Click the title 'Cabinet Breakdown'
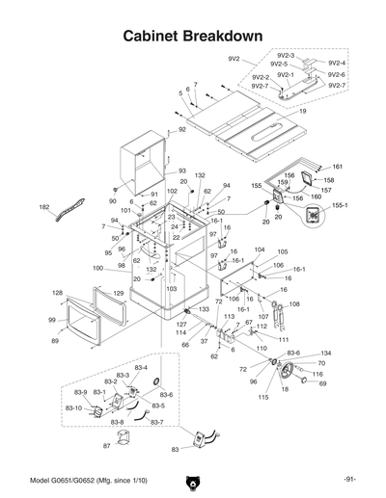click(193, 36)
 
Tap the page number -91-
click(348, 479)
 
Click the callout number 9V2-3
click(286, 57)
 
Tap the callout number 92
click(181, 129)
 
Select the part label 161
click(338, 168)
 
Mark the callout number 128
click(58, 292)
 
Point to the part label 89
click(55, 341)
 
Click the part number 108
click(294, 304)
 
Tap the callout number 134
click(325, 354)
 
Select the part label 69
click(322, 383)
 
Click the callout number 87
click(106, 446)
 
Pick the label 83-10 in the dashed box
click(73, 408)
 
